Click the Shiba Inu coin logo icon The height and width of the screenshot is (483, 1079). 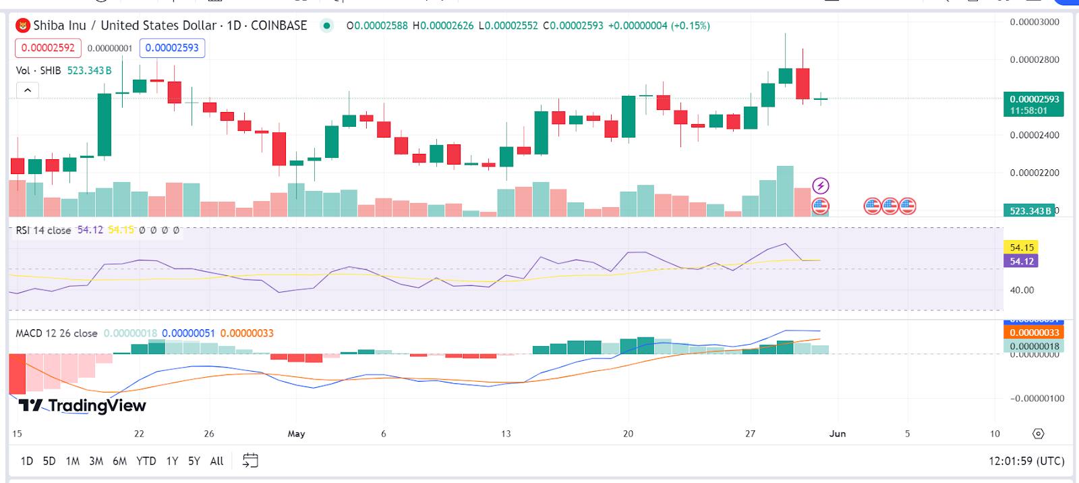pos(23,26)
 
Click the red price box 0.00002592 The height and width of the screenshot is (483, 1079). pos(48,48)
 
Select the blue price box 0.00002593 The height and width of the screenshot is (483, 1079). pos(172,48)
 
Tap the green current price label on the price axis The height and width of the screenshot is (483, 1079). pos(1033,104)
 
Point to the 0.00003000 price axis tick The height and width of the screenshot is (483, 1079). pos(1034,22)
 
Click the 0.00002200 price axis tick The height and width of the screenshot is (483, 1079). pos(1034,173)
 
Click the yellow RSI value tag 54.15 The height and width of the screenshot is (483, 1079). pos(1022,248)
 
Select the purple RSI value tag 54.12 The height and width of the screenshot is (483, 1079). pos(1022,261)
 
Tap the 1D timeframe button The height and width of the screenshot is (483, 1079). pos(27,461)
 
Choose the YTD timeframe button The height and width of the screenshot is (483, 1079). pos(146,461)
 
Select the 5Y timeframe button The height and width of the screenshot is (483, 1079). pos(194,461)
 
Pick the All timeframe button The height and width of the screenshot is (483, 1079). pos(216,461)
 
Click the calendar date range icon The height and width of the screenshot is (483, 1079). pos(250,461)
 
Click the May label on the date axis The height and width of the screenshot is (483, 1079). pos(296,434)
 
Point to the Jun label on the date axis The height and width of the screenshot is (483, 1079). pos(837,434)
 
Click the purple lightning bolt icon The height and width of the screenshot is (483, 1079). pos(820,186)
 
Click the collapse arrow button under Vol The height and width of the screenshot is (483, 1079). pos(28,90)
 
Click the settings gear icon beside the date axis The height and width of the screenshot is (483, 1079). pos(1039,434)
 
